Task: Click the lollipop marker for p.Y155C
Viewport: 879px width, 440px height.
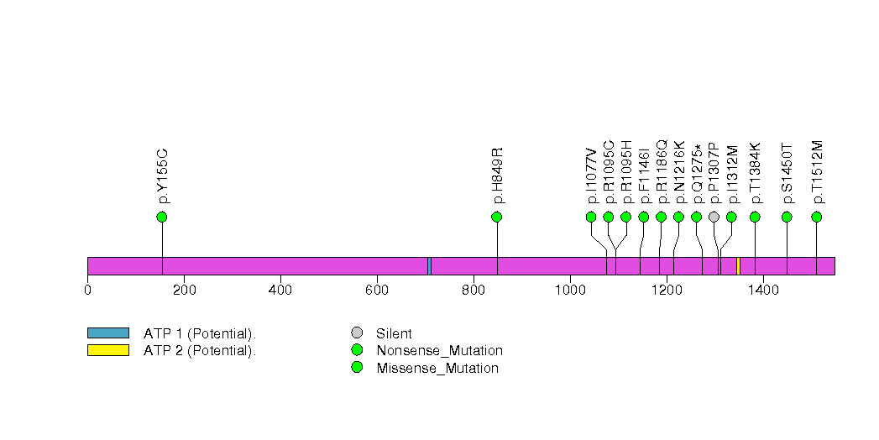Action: click(162, 217)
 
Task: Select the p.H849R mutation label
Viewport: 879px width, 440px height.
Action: click(498, 175)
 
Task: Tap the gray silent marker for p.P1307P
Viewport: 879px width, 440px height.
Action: click(714, 217)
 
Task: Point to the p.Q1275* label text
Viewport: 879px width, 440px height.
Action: click(698, 174)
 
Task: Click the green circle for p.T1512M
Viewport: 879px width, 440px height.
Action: click(816, 217)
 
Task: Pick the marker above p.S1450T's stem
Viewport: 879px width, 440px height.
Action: click(787, 217)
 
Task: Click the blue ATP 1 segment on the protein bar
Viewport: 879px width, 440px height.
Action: click(429, 266)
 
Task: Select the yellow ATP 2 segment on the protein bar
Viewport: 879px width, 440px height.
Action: click(738, 266)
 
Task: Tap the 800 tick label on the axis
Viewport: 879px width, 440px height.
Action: click(474, 291)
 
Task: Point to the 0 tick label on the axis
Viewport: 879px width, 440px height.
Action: click(87, 291)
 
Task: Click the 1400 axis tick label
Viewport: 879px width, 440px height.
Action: click(763, 291)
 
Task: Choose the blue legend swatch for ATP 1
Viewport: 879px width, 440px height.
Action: click(108, 333)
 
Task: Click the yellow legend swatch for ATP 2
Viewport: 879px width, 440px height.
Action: click(108, 350)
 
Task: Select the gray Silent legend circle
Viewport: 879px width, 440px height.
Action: click(357, 333)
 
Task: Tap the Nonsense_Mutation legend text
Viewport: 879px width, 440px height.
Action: click(440, 351)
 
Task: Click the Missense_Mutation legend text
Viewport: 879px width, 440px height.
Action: click(437, 369)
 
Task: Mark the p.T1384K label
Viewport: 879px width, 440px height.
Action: click(756, 173)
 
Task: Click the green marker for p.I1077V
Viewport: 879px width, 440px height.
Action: click(591, 217)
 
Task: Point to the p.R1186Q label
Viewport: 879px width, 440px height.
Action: click(662, 171)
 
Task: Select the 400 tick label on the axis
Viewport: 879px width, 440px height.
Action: click(280, 291)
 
